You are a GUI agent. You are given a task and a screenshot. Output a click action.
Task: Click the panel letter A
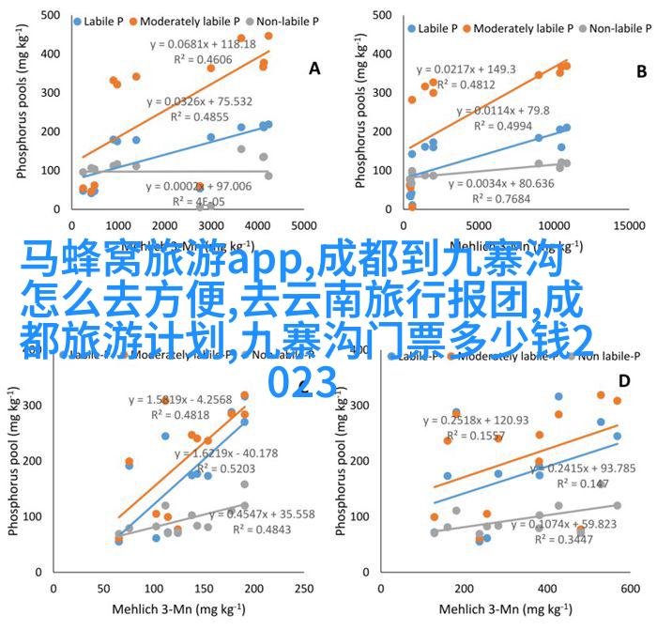(314, 69)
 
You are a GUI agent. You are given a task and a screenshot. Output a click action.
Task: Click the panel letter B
(642, 70)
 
